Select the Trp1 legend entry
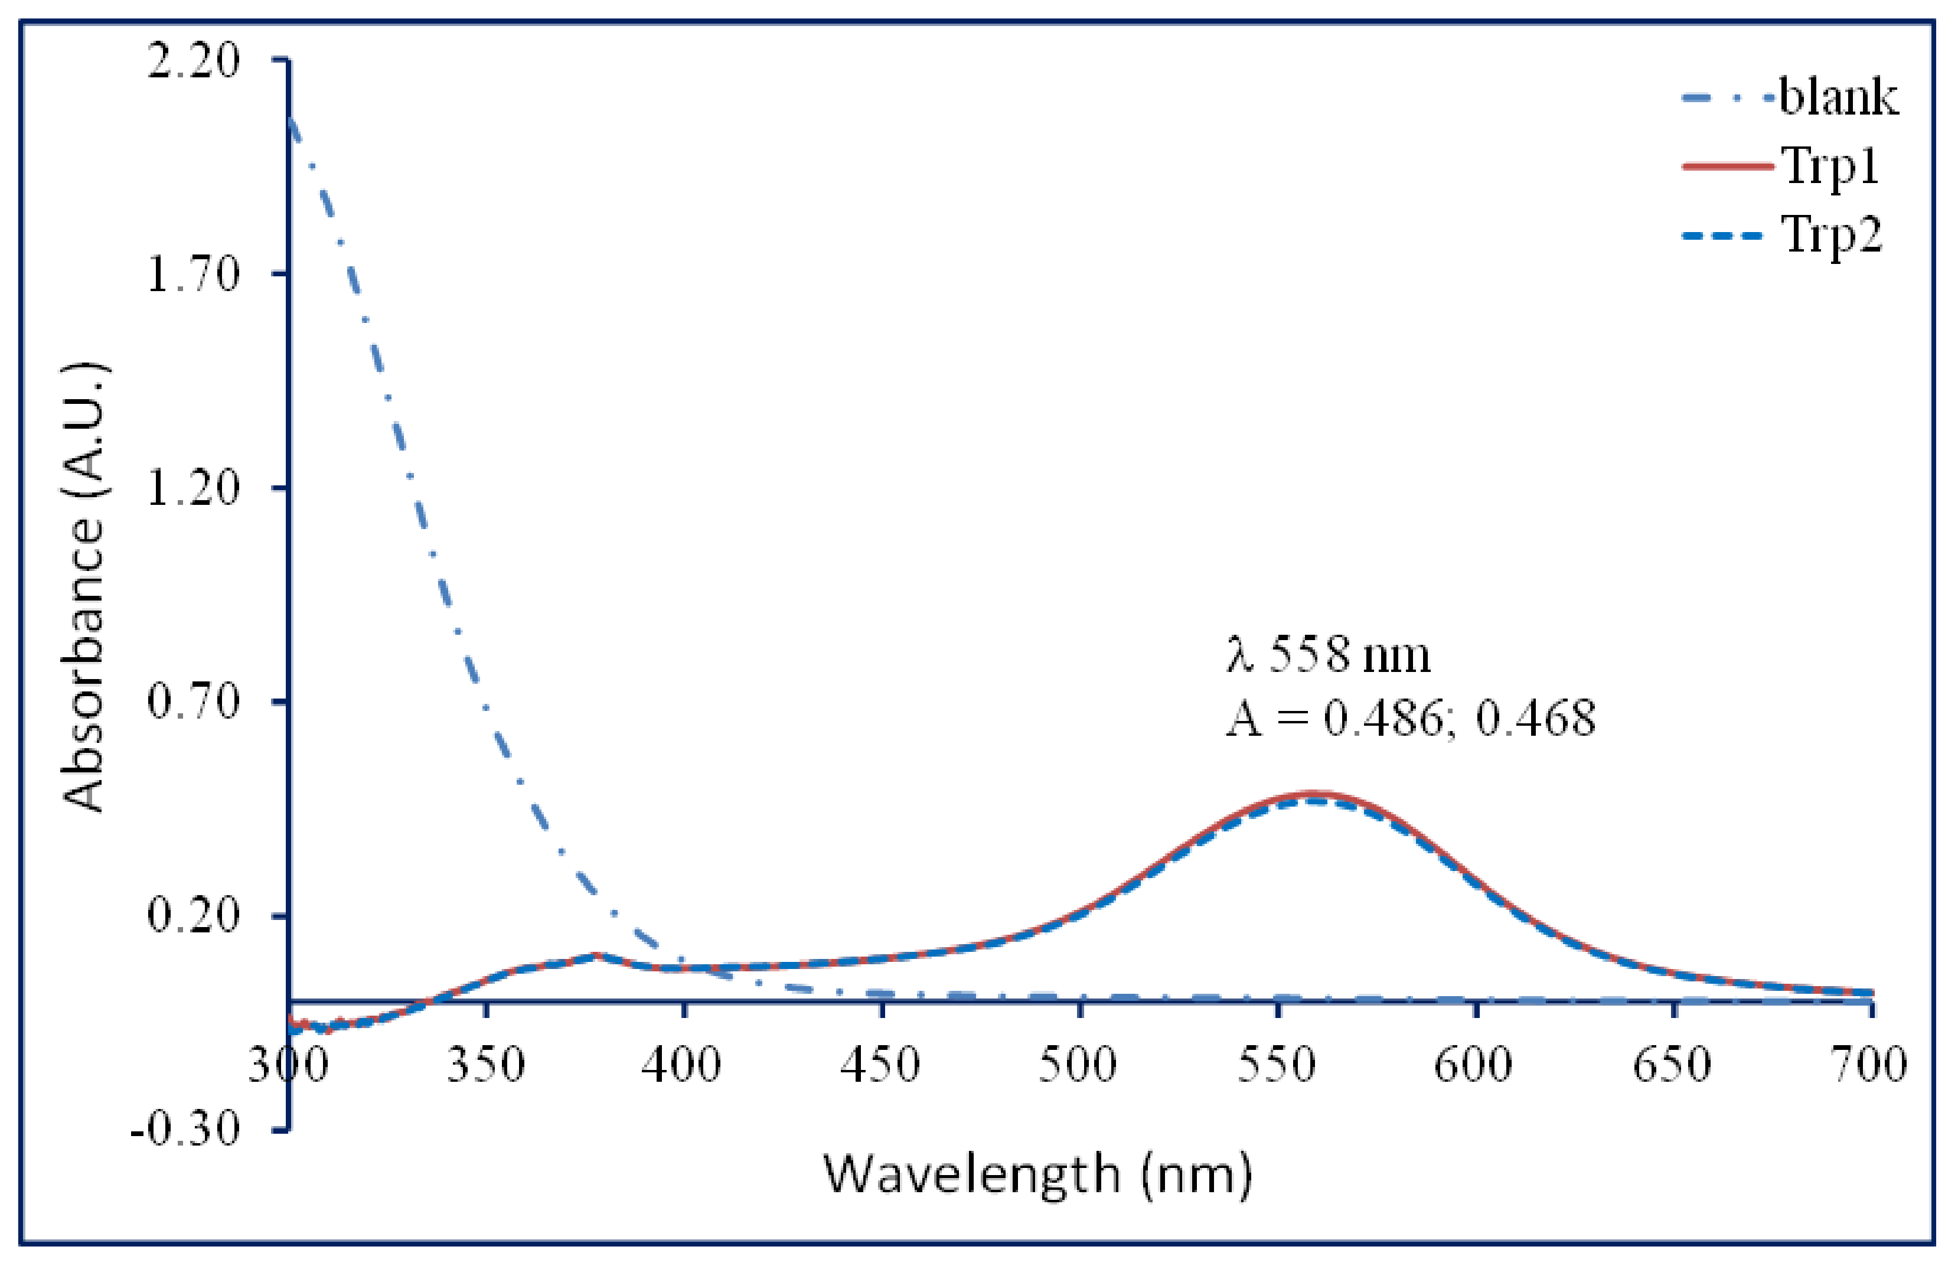[1830, 167]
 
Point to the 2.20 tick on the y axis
[193, 61]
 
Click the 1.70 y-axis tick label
[193, 275]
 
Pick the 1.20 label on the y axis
[193, 488]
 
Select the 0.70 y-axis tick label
[193, 702]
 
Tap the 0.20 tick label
[193, 916]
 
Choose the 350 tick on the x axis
[486, 1065]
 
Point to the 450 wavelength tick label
[881, 1065]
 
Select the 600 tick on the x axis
[1474, 1065]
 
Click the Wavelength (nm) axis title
[1038, 1176]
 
